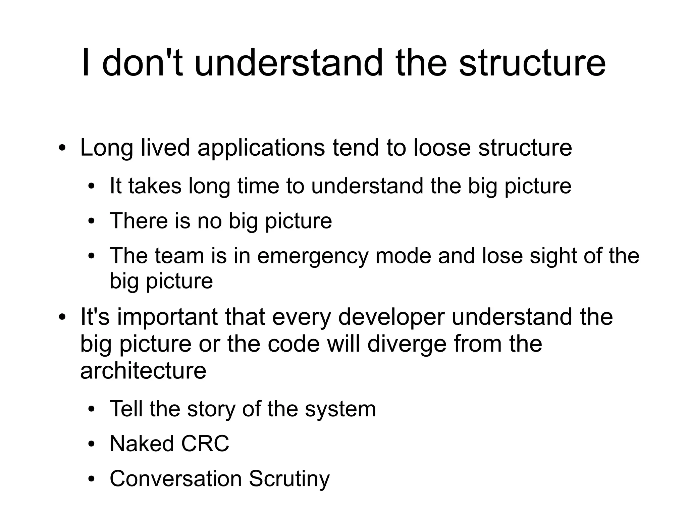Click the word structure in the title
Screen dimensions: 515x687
[x=532, y=63]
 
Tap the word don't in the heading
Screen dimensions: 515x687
[x=142, y=63]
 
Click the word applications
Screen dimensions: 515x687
[x=261, y=148]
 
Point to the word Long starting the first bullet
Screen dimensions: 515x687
[x=107, y=148]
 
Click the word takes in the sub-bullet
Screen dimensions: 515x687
[x=155, y=186]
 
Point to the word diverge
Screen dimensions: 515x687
[x=407, y=344]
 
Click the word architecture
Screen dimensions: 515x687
[x=143, y=371]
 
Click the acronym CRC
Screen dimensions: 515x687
[x=205, y=444]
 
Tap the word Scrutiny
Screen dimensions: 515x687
[x=289, y=479]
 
